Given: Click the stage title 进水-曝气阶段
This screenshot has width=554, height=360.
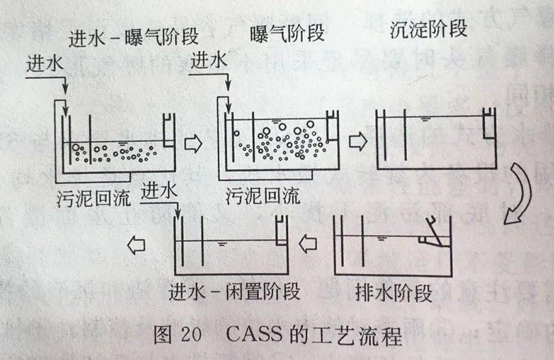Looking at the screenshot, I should tap(134, 38).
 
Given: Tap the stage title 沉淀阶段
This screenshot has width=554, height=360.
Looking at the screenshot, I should tap(429, 30).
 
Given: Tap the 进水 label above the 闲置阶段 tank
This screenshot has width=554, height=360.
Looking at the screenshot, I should tap(159, 192).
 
